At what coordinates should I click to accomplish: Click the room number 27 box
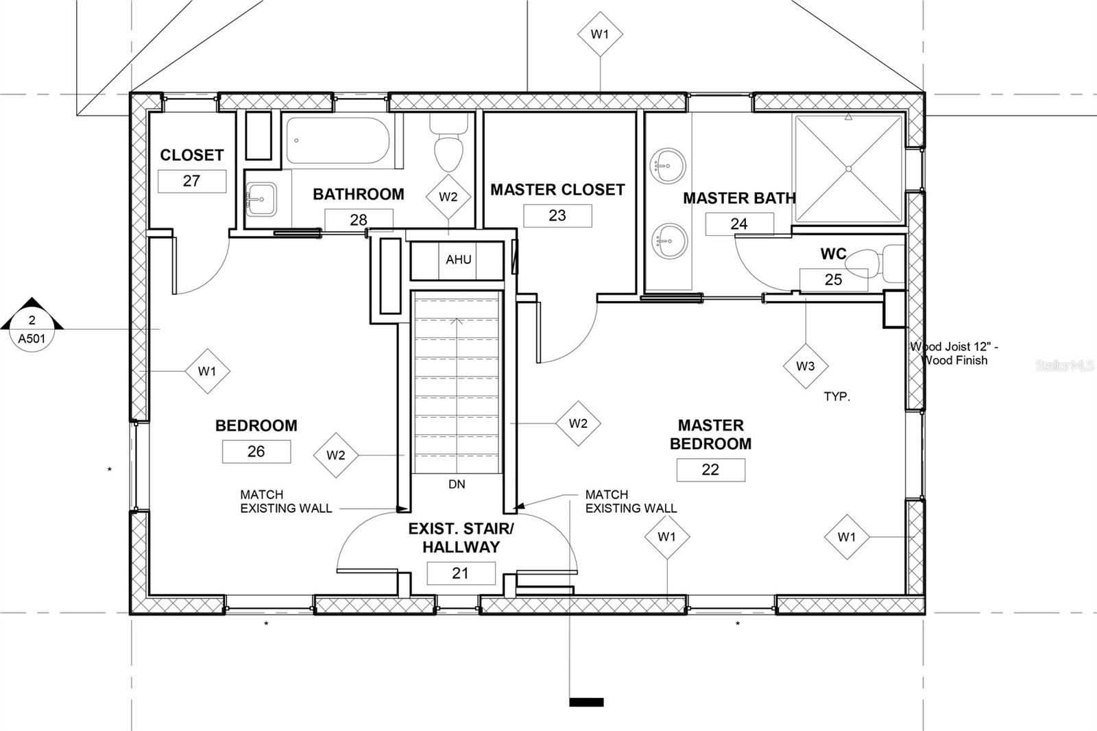point(192,181)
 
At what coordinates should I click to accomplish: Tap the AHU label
point(459,259)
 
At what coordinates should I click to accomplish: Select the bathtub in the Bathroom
point(338,141)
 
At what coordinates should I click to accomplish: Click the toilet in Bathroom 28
point(448,142)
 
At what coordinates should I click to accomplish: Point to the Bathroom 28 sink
point(261,199)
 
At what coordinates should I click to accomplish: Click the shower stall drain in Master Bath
point(849,169)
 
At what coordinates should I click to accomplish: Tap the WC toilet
point(875,264)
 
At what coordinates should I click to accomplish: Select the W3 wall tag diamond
point(806,366)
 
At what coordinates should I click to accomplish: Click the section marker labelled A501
point(32,325)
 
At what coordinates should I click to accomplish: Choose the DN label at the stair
point(457,485)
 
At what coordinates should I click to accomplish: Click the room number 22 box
point(710,470)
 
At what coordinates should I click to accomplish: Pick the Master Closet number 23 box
point(557,215)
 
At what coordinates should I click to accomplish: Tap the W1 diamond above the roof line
point(600,34)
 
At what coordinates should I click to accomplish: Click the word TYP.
point(837,396)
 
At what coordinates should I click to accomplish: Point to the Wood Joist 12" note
point(954,353)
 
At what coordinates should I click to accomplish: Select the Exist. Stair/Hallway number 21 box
point(461,573)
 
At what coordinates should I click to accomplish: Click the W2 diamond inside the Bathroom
point(448,197)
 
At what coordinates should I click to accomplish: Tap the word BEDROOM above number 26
point(256,425)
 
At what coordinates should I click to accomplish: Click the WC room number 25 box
point(834,280)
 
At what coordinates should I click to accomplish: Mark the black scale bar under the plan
point(586,702)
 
